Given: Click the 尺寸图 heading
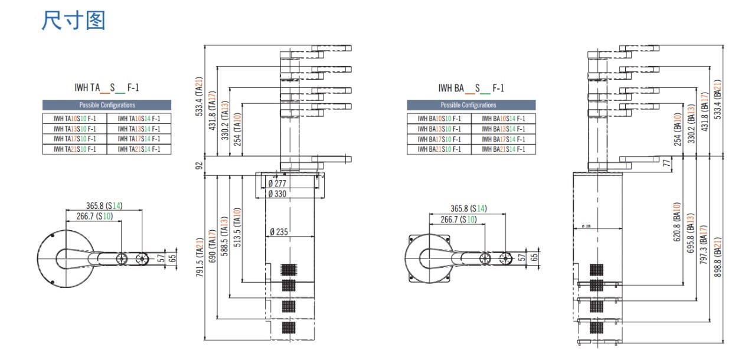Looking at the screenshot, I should [x=73, y=21].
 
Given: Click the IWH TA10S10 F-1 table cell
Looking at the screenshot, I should [x=75, y=118].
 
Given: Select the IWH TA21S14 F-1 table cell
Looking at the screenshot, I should [x=139, y=149].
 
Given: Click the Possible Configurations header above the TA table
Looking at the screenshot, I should [x=107, y=105].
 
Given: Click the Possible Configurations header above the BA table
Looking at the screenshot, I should [x=471, y=105].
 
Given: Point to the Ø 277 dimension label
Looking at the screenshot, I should [x=277, y=183].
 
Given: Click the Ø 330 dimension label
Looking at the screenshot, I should [x=277, y=194].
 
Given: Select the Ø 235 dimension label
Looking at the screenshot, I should [x=279, y=232].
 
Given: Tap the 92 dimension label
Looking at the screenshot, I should [x=200, y=166].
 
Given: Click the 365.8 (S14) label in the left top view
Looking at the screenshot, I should [x=104, y=206].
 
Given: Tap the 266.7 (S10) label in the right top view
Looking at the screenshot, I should [x=459, y=220].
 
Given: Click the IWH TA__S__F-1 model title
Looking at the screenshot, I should [x=107, y=89].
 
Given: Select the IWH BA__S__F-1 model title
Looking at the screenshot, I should [x=471, y=89].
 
